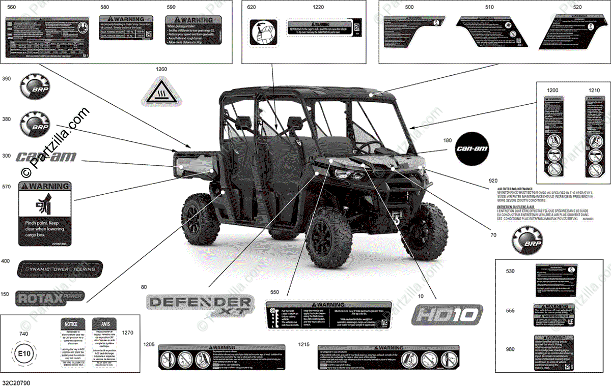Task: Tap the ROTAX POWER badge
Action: tap(49, 297)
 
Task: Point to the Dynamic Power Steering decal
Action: tap(60, 269)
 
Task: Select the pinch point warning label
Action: tap(45, 214)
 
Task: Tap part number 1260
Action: tap(161, 69)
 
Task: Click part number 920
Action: tap(493, 181)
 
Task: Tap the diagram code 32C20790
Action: tap(15, 382)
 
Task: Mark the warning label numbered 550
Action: tap(328, 318)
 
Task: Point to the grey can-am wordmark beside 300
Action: tap(46, 157)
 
